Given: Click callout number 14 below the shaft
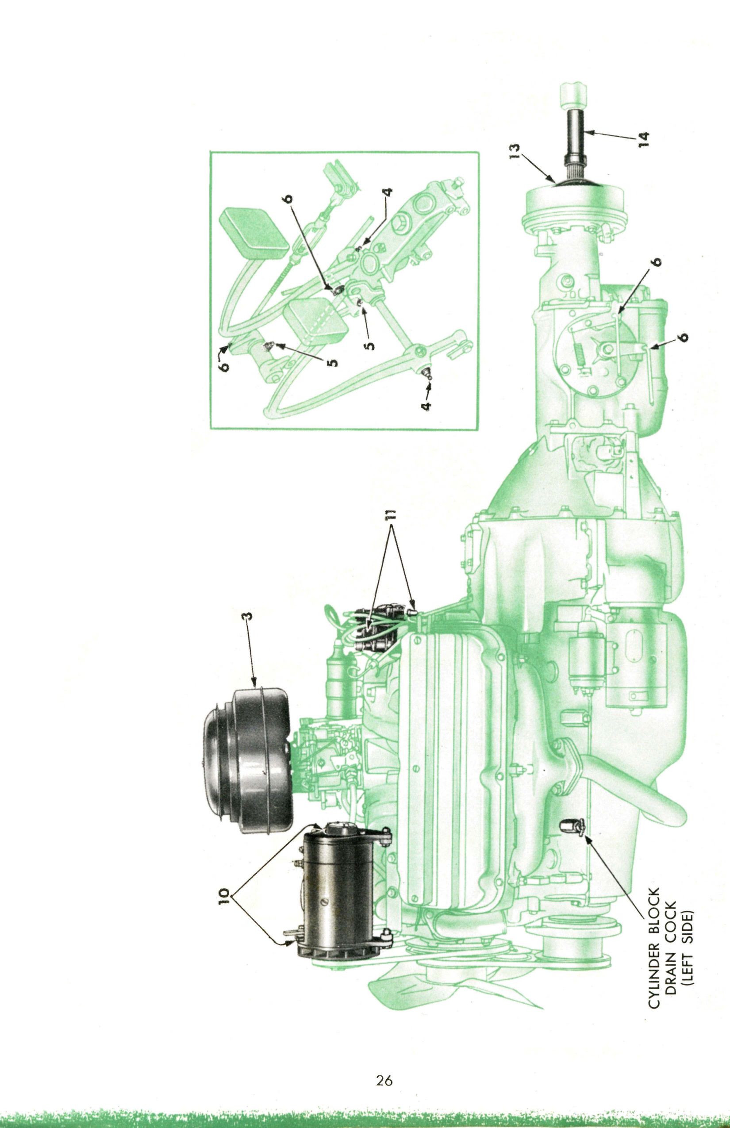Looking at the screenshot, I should coord(643,138).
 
